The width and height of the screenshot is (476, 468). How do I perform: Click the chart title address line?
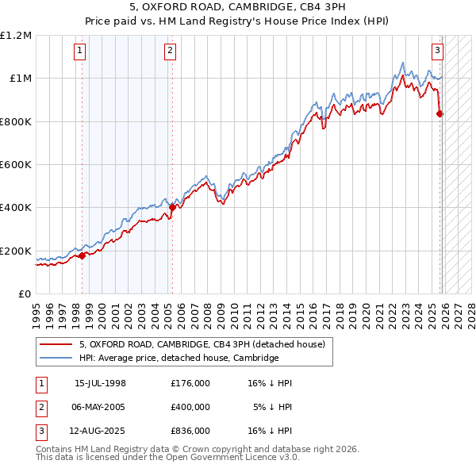(237, 7)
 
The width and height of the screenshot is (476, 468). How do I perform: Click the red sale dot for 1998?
(83, 255)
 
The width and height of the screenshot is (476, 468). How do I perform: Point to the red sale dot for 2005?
(172, 208)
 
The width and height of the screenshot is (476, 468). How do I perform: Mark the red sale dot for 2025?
(440, 113)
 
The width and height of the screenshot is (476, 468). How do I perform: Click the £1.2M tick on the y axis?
(16, 36)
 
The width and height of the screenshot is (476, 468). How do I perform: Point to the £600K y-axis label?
(16, 165)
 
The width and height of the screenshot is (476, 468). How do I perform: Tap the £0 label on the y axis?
(25, 294)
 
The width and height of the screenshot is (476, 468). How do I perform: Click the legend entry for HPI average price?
(178, 358)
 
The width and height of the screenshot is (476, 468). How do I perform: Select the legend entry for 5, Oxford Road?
(202, 344)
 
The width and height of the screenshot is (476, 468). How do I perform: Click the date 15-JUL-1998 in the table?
(100, 383)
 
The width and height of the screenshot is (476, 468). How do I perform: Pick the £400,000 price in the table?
(190, 407)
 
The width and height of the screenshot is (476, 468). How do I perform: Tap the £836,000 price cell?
(190, 431)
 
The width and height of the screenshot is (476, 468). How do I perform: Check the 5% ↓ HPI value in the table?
(273, 407)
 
